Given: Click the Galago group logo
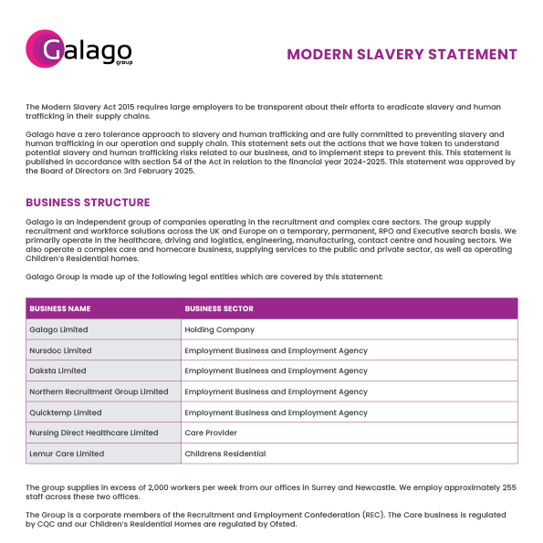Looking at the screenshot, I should click(x=79, y=49).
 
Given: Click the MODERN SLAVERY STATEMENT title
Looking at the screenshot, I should click(x=402, y=55).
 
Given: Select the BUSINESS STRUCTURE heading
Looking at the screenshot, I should click(x=88, y=203).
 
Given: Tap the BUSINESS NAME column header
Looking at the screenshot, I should click(x=59, y=308).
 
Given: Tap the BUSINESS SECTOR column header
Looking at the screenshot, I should click(x=219, y=308).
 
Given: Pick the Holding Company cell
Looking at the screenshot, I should click(x=219, y=329).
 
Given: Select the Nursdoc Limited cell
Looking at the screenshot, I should click(x=60, y=350).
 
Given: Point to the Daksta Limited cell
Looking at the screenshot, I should click(x=57, y=371).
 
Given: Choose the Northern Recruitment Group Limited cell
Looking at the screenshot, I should click(x=99, y=392).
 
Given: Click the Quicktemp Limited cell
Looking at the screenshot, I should click(x=65, y=412).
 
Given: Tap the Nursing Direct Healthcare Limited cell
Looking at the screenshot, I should click(x=93, y=433).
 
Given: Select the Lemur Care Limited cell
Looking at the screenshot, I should click(x=67, y=454).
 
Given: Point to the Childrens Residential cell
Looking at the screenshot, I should click(x=225, y=454).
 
